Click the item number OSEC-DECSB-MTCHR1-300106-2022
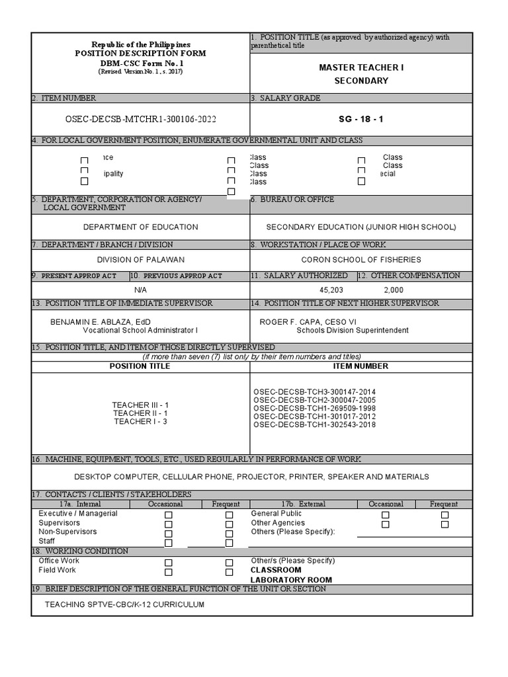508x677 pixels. (x=138, y=119)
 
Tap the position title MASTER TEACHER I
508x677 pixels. (x=361, y=67)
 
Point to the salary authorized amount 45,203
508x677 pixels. (x=331, y=290)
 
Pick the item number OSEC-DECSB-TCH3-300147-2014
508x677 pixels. (x=314, y=392)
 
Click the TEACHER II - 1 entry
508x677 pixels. (x=140, y=413)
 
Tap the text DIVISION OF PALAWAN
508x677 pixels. (x=141, y=260)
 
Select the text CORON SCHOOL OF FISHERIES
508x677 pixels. (x=361, y=260)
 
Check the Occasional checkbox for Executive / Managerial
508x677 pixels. (x=169, y=515)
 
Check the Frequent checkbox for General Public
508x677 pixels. (x=445, y=515)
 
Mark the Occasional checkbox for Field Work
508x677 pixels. (x=169, y=573)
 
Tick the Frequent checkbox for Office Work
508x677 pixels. (x=230, y=563)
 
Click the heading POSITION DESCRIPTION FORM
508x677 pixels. (x=140, y=53)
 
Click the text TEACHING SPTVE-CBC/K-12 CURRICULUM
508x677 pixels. (x=124, y=604)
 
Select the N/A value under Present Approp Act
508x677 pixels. (x=140, y=290)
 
